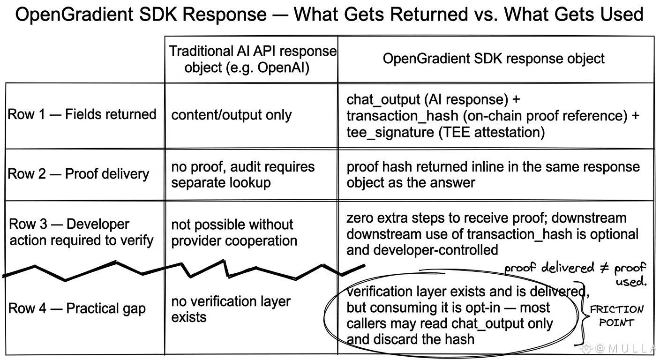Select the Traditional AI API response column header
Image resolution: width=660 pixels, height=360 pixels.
click(253, 59)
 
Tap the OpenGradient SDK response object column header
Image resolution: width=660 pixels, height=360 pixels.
click(494, 58)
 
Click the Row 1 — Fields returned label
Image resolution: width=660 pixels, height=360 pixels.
click(82, 114)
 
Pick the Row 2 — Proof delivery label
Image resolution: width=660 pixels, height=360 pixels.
click(78, 174)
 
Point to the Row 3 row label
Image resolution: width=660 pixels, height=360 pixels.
click(81, 232)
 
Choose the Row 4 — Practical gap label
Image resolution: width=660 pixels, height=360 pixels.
click(76, 308)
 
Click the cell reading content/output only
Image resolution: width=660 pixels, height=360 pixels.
click(231, 114)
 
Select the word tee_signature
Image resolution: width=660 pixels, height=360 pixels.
click(390, 132)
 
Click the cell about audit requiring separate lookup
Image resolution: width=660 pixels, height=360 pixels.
click(243, 175)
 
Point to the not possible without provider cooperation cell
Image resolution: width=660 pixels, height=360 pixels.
click(234, 232)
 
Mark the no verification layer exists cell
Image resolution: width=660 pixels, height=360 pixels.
click(231, 309)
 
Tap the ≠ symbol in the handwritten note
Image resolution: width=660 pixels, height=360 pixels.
click(604, 268)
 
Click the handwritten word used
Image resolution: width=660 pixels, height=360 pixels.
click(631, 282)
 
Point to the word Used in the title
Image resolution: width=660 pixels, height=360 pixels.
click(618, 14)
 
